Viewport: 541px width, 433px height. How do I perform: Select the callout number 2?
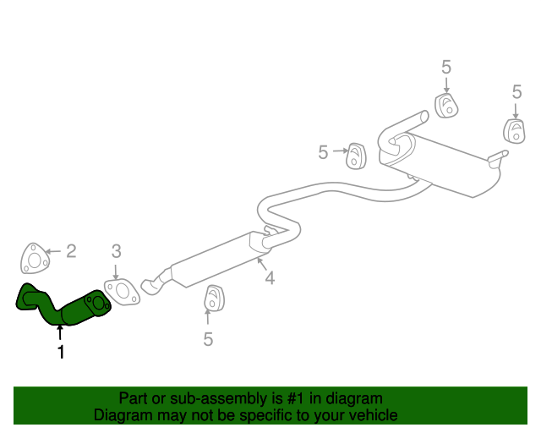71,250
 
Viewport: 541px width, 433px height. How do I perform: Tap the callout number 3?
117,250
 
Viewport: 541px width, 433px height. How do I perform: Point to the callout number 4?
269,277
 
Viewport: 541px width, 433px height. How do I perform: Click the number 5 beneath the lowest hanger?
208,339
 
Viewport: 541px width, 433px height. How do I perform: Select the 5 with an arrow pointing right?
323,152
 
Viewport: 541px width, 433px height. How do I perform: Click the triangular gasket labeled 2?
32,259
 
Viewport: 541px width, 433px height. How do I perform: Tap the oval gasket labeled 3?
123,291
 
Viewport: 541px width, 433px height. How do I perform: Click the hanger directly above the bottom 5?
214,299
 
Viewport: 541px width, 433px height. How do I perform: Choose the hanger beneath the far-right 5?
513,130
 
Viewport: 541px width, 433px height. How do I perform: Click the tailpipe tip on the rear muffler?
500,156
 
